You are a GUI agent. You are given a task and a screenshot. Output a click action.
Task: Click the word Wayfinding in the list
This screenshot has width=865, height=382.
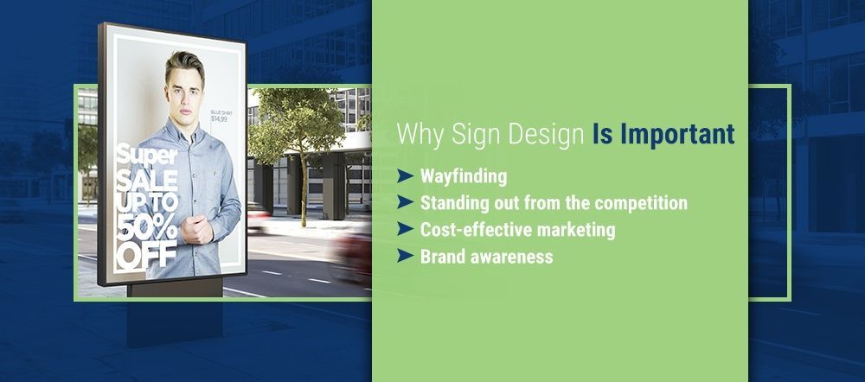pyautogui.click(x=464, y=177)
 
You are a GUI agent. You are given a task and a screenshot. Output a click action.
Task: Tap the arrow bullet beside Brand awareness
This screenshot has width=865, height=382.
pyautogui.click(x=404, y=256)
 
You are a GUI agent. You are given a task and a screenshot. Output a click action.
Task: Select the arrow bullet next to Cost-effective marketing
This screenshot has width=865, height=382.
pyautogui.click(x=404, y=230)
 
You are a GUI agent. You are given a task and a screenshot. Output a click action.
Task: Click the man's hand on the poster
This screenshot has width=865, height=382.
pyautogui.click(x=196, y=231)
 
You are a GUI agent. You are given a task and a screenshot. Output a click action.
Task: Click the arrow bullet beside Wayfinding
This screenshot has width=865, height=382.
pyautogui.click(x=404, y=177)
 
